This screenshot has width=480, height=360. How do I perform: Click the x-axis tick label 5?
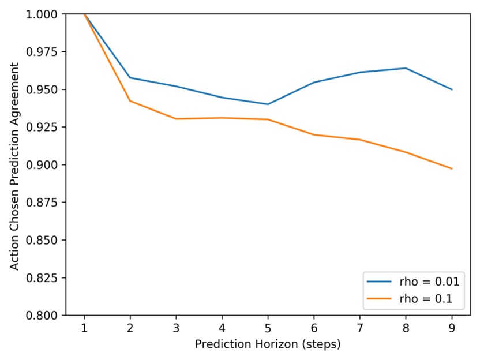tap(268, 327)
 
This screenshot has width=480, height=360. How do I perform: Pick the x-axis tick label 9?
tap(452, 327)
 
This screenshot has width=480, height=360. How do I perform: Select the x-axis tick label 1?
tap(84, 327)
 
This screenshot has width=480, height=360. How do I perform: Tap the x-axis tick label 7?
tap(360, 327)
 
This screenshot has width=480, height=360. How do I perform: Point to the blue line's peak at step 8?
tap(406, 68)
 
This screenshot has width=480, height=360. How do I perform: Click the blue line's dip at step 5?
tap(268, 104)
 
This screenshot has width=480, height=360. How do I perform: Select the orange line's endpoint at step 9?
tap(452, 168)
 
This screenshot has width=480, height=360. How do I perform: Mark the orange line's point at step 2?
tap(130, 101)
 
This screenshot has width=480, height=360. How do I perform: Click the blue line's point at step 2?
tap(130, 78)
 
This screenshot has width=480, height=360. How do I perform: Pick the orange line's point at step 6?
tap(314, 134)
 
